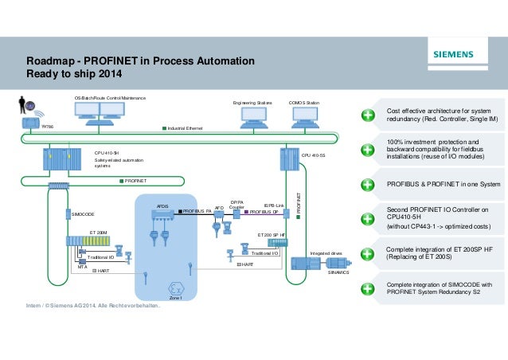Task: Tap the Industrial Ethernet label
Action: click(x=186, y=127)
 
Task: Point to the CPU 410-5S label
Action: click(x=312, y=156)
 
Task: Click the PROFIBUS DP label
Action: click(x=264, y=213)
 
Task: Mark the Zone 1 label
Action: click(x=176, y=298)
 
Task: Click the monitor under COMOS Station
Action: click(x=303, y=115)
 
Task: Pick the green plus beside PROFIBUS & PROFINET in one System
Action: click(x=367, y=185)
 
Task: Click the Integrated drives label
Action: click(x=326, y=253)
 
